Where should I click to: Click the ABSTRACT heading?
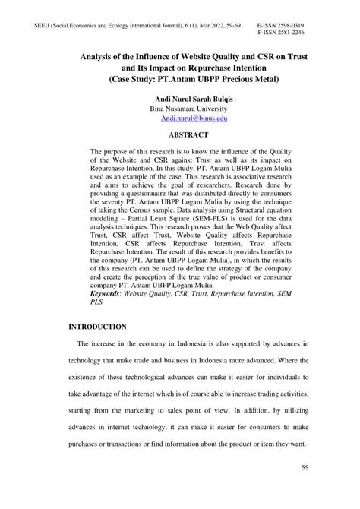click(x=179, y=134)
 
